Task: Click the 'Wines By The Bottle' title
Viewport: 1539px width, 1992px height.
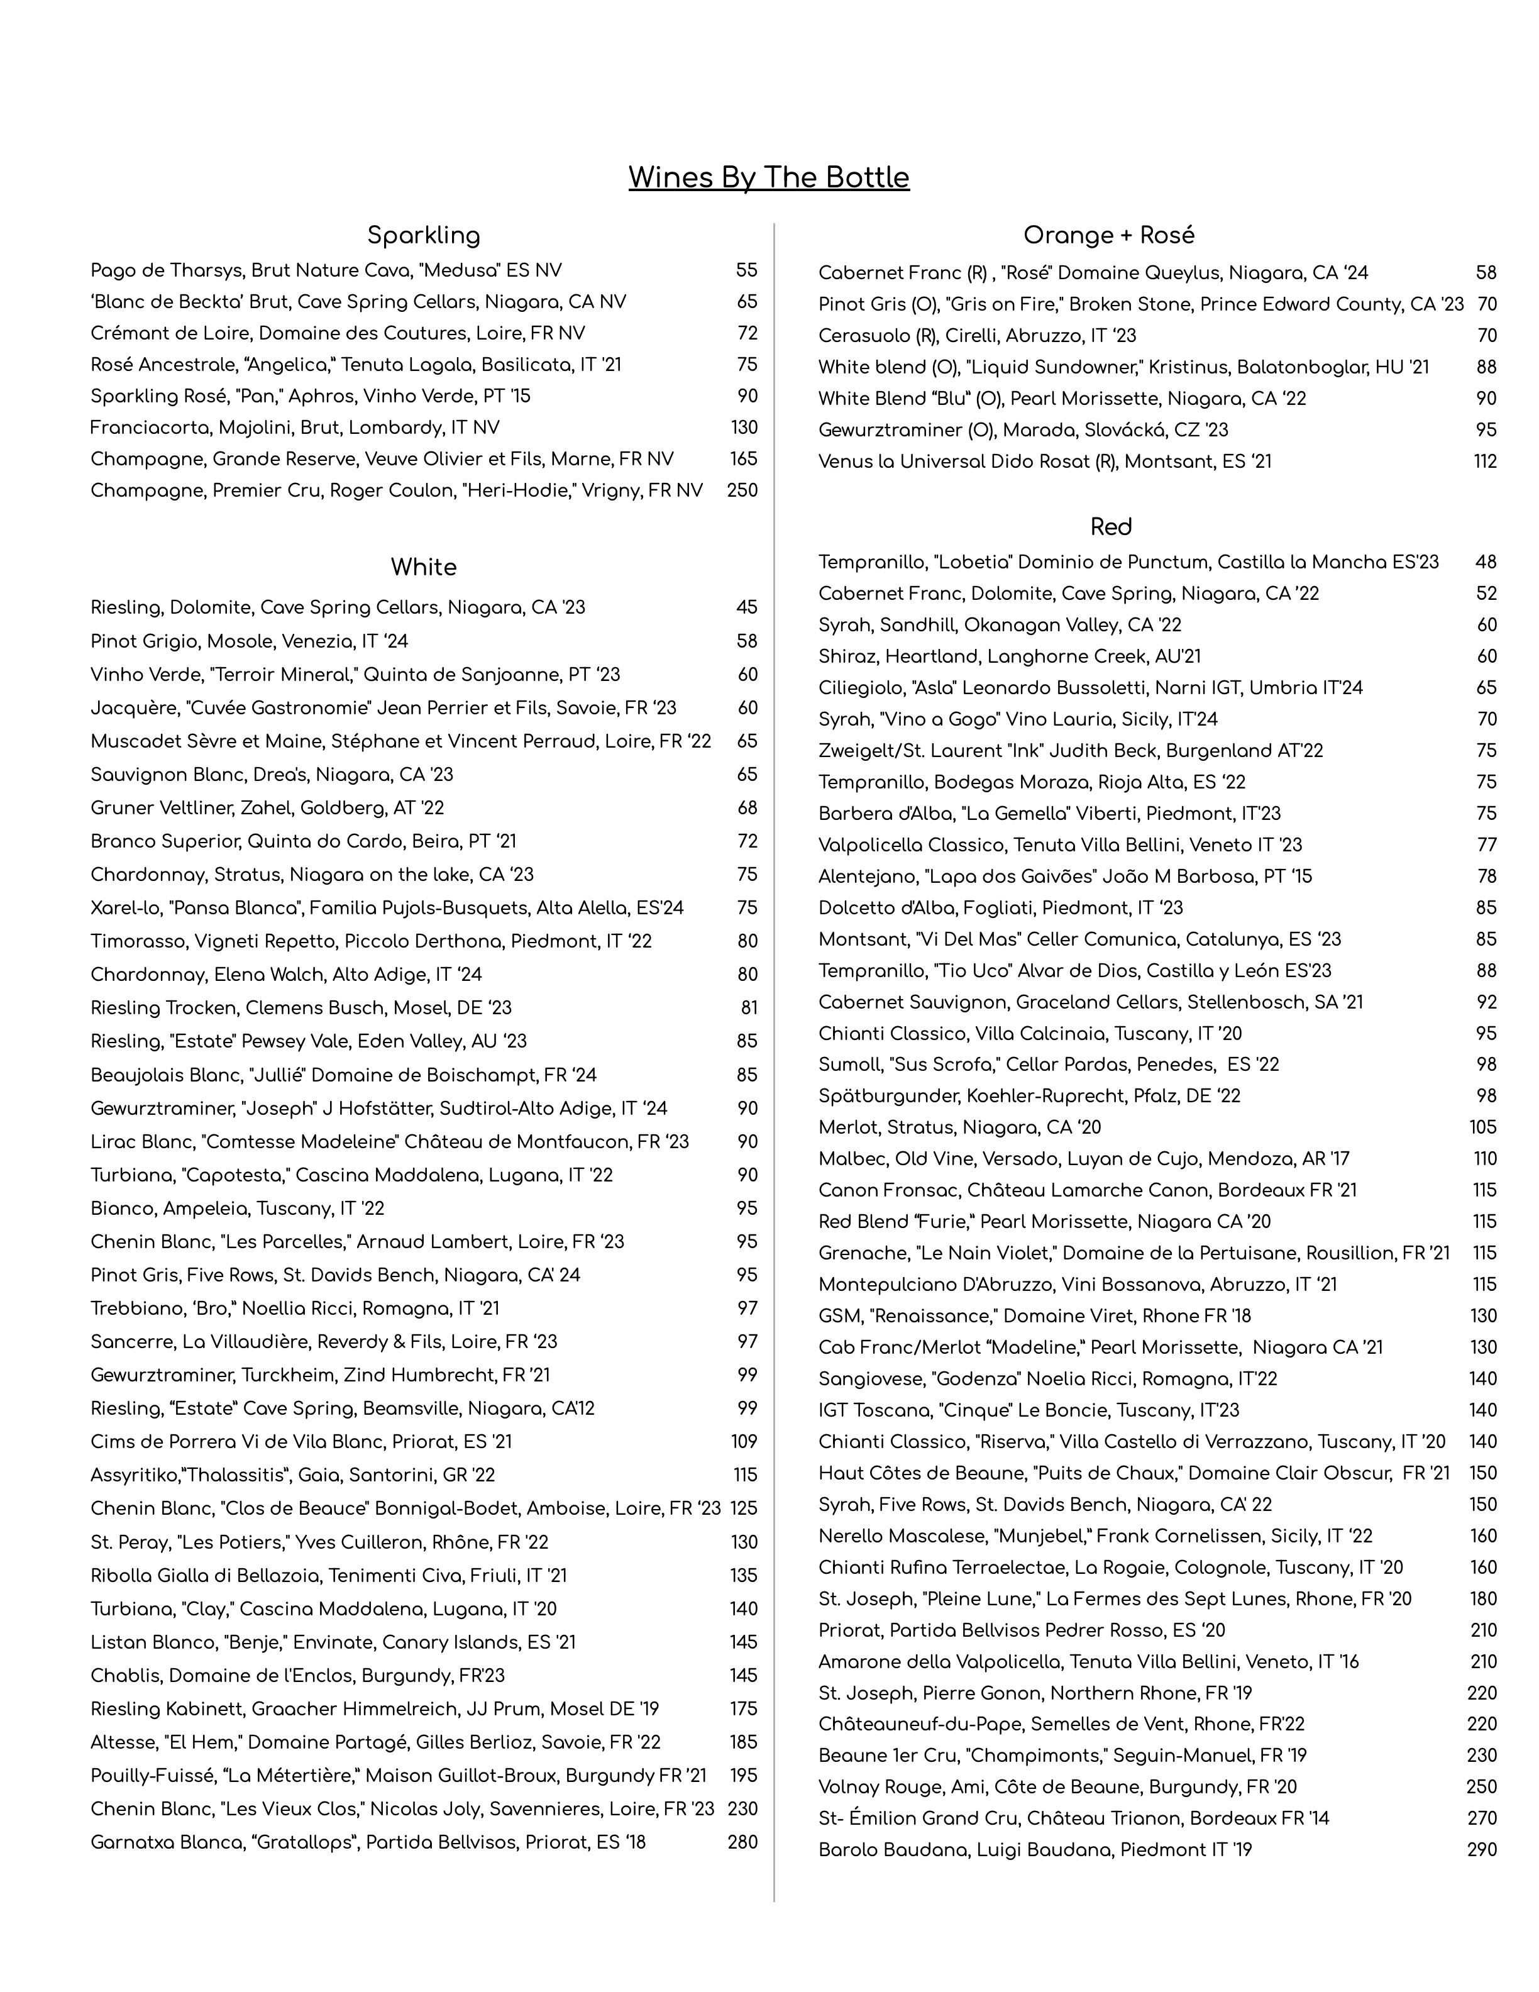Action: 769,177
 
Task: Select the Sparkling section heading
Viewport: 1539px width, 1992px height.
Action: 423,235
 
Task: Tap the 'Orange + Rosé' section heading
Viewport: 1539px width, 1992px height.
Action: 1108,235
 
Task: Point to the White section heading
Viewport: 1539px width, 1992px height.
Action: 423,567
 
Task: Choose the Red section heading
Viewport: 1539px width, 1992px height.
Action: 1110,527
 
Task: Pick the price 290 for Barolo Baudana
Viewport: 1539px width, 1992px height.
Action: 1482,1850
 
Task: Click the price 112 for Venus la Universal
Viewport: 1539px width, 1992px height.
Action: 1484,462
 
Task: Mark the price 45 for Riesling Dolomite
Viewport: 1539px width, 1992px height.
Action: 747,607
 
